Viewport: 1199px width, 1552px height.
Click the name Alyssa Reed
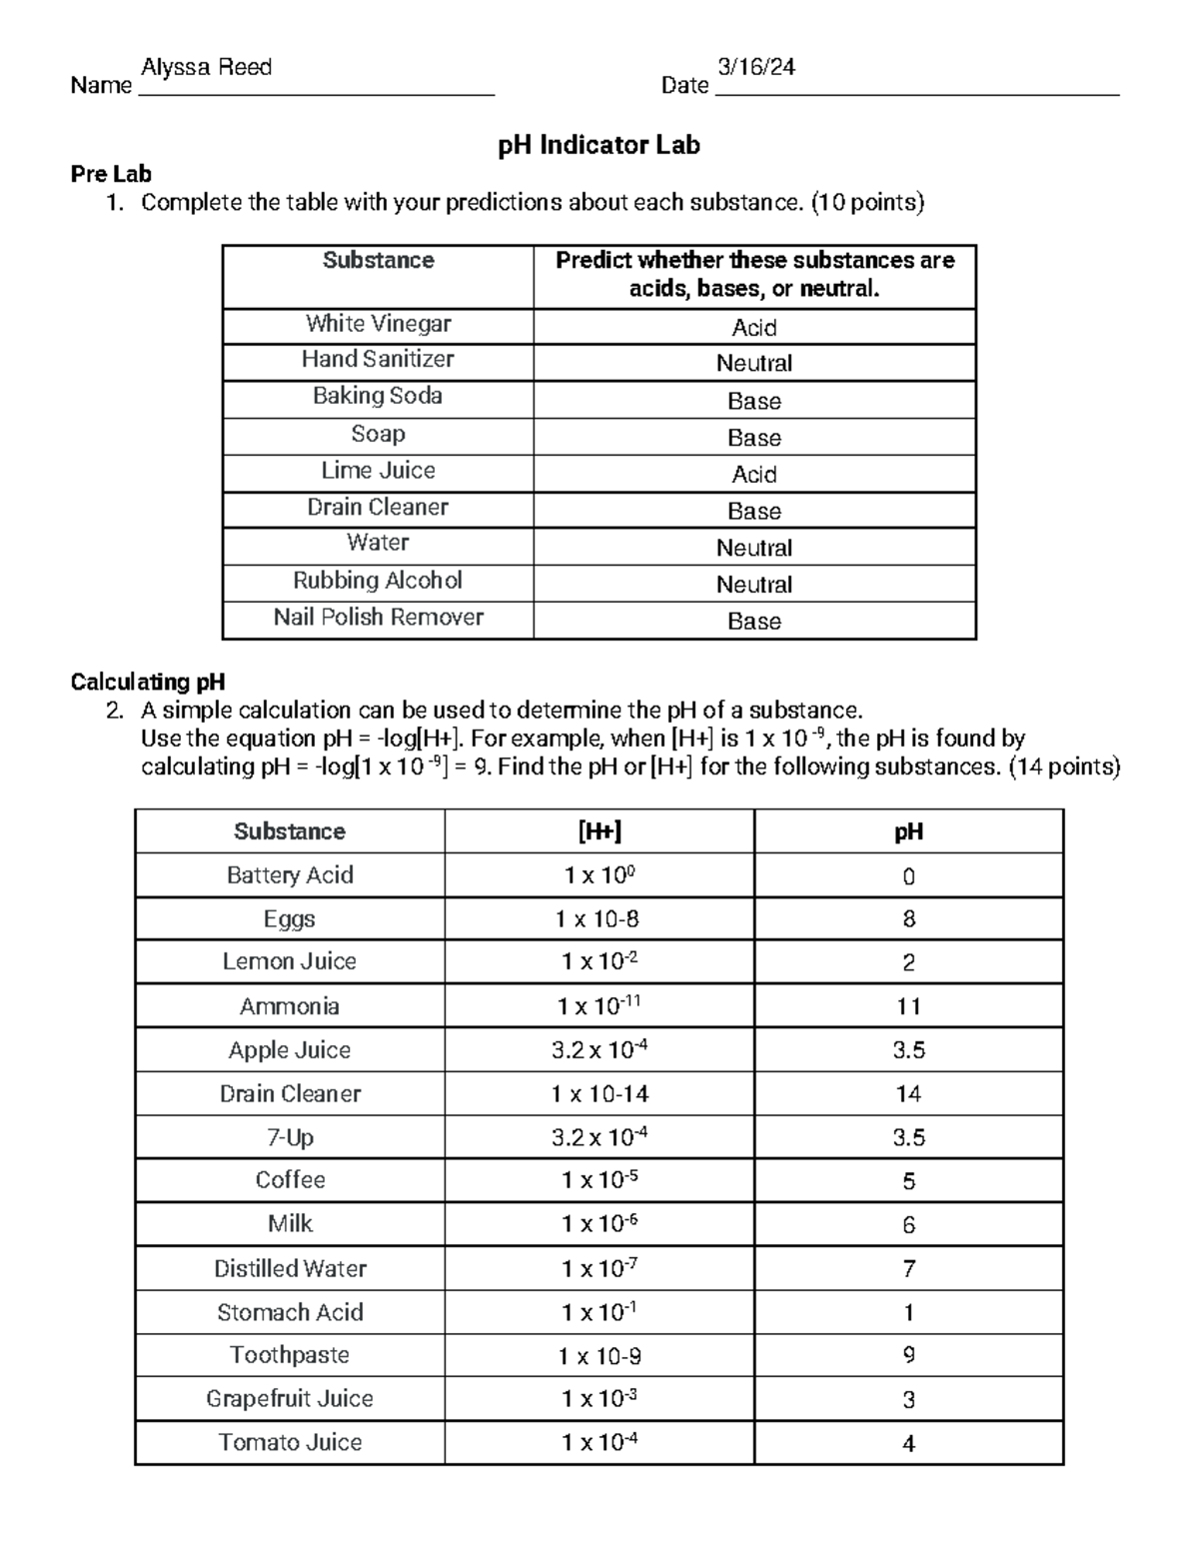[207, 68]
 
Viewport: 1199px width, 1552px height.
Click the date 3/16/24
[756, 68]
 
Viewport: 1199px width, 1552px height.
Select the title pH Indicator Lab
[599, 146]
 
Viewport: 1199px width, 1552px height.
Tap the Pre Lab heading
[111, 174]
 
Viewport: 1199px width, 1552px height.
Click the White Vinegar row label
[378, 324]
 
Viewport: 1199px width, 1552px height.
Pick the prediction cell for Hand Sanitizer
[753, 364]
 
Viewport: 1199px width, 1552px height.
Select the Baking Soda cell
[378, 397]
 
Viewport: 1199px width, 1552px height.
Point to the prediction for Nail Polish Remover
[753, 622]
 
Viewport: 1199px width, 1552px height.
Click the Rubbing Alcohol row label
[378, 581]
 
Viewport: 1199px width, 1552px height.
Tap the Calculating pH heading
[147, 682]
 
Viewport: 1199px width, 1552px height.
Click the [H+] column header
[599, 831]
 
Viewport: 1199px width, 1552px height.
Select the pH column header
[908, 831]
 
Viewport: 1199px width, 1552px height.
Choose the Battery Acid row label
[290, 875]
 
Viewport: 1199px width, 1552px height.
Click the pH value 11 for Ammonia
[908, 1006]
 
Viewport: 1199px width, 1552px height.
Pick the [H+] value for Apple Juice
[599, 1050]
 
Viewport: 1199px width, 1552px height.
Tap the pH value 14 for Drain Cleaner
[908, 1094]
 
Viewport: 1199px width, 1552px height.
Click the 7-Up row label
[290, 1137]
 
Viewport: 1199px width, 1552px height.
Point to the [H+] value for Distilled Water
[599, 1269]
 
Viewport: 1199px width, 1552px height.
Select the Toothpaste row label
[290, 1355]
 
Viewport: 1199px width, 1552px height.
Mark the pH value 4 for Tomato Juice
[908, 1443]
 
